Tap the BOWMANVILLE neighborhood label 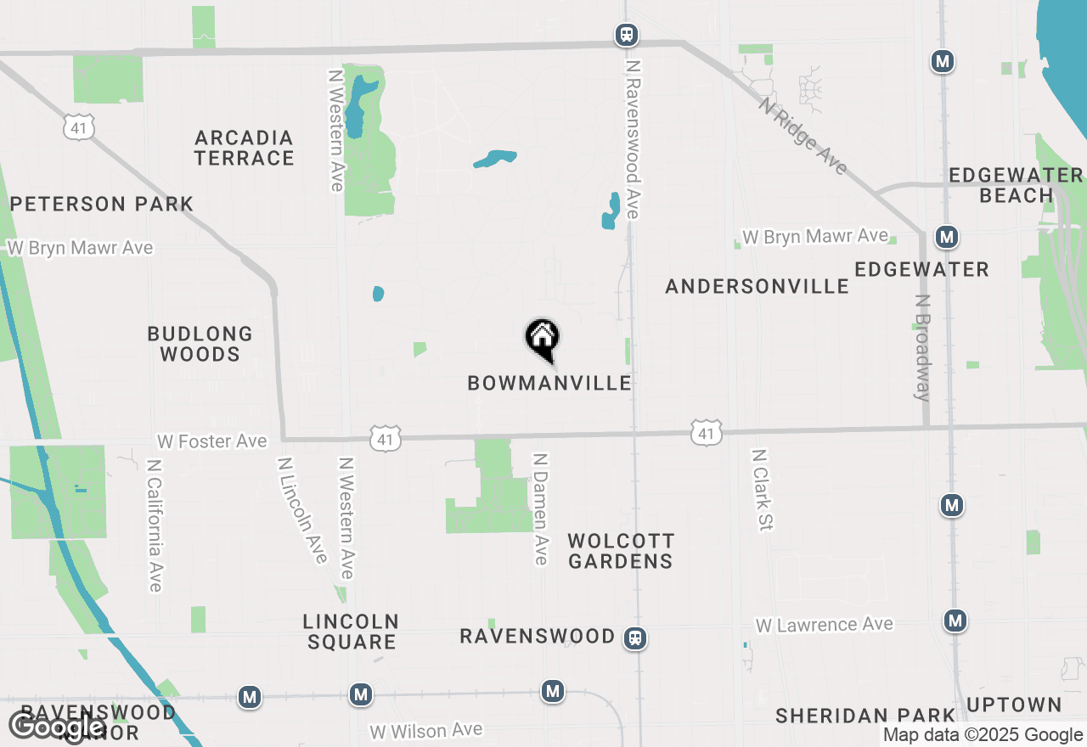[x=549, y=383]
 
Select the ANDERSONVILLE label [x=757, y=286]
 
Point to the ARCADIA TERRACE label [x=244, y=148]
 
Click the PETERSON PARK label [x=102, y=204]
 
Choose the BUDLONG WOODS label [x=200, y=344]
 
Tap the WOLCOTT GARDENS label [x=621, y=551]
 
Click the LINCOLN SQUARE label [x=352, y=632]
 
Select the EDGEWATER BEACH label [x=1016, y=185]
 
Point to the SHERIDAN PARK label [x=865, y=716]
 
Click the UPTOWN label [x=1014, y=705]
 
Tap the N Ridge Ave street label [x=803, y=136]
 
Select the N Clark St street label [x=761, y=490]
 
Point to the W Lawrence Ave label [x=824, y=625]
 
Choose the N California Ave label [x=155, y=525]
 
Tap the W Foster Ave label [x=212, y=441]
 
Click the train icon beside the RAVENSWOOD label [x=634, y=637]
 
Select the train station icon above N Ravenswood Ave [x=627, y=35]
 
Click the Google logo [x=57, y=727]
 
